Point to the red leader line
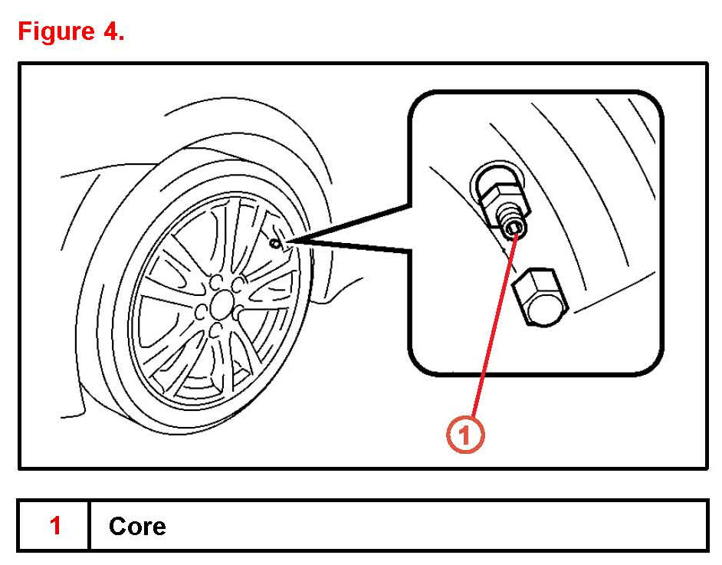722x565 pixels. (x=491, y=330)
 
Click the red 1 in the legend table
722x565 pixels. (x=55, y=526)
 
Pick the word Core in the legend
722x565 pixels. (x=137, y=526)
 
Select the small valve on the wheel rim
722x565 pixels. (x=276, y=243)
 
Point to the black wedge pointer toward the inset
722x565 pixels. (x=353, y=234)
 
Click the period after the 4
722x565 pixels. (x=120, y=38)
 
